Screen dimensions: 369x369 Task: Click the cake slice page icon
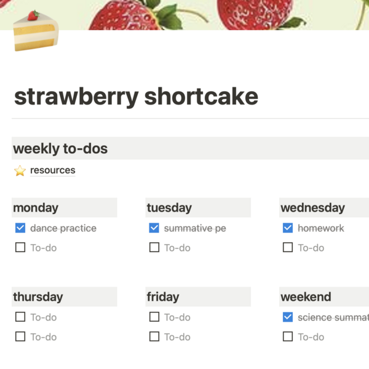36,31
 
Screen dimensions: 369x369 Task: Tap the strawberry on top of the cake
33,15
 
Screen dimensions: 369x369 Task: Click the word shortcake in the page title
201,97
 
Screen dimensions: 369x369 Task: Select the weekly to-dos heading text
60,149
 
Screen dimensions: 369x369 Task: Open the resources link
53,170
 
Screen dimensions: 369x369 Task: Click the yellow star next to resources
20,170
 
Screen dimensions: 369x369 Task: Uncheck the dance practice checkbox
20,228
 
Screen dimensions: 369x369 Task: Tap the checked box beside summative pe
154,228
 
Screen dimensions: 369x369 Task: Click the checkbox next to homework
288,228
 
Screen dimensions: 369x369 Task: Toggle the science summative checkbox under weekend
288,317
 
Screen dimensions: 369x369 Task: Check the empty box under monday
20,247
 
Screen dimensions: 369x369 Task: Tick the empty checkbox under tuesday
154,247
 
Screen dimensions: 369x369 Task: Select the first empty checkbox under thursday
20,317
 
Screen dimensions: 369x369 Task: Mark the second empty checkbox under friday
154,336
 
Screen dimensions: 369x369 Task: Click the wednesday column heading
313,208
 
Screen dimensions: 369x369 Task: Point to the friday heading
163,297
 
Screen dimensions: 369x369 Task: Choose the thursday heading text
38,297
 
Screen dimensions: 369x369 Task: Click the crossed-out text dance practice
63,228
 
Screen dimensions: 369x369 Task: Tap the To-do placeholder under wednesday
311,248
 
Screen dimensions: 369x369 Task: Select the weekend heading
306,297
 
